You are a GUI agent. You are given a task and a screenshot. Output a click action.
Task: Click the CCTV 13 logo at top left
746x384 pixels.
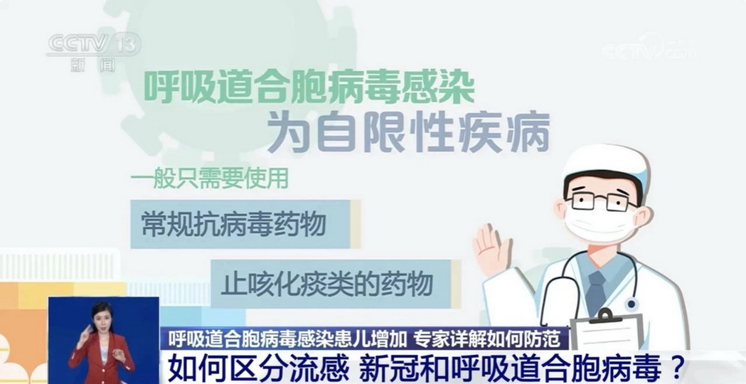94,45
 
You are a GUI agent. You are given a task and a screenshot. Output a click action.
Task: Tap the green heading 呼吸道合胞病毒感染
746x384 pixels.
309,87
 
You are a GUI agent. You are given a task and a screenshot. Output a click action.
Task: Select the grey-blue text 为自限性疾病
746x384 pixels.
408,133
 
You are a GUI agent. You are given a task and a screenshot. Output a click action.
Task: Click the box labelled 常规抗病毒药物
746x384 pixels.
245,224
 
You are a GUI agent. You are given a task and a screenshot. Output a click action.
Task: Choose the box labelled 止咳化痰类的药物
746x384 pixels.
336,284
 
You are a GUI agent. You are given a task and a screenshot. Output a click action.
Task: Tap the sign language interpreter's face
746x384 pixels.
103,318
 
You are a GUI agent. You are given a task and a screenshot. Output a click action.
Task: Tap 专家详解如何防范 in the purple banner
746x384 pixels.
491,338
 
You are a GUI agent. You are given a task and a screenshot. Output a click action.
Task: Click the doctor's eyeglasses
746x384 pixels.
602,201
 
